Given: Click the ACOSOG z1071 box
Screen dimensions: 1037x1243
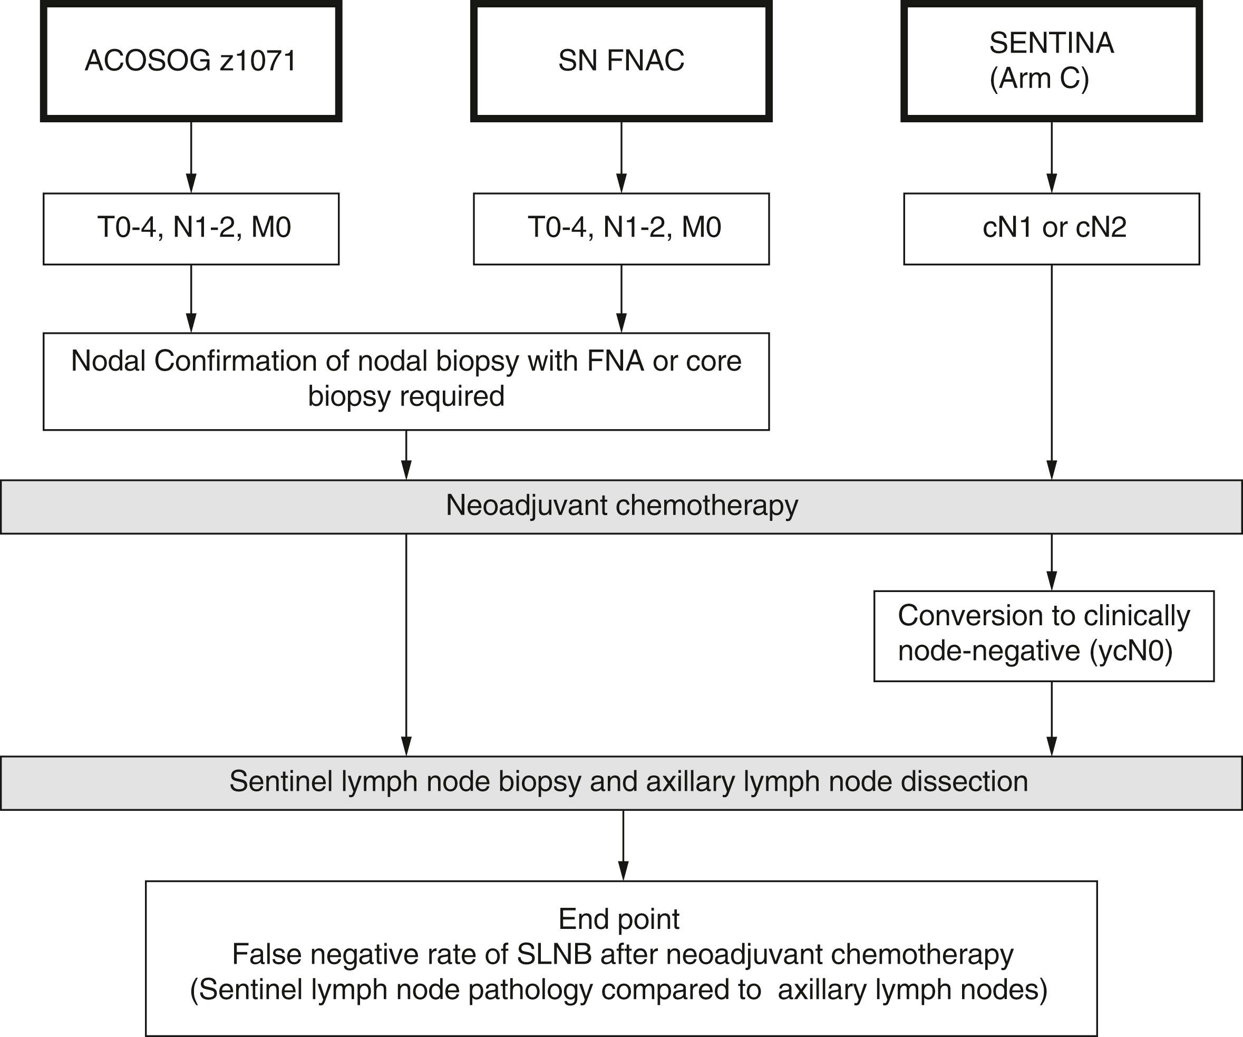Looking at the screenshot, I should (191, 61).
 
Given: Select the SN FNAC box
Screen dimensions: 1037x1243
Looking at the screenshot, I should (621, 61).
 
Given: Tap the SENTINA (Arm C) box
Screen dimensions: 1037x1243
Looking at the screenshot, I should (1051, 61).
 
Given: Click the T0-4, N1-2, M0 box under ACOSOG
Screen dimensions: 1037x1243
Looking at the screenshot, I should (191, 228).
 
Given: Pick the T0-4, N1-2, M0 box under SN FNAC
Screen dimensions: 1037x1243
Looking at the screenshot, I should (621, 228).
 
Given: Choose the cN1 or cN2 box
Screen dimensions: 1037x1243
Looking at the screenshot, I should (1051, 228).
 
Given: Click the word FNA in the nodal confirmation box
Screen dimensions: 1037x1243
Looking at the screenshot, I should (615, 361).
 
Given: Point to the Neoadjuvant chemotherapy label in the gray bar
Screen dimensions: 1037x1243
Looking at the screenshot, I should (621, 506).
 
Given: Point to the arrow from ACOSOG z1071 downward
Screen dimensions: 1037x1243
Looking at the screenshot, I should (191, 157).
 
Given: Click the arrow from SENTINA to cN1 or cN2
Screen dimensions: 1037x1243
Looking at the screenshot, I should (1051, 157).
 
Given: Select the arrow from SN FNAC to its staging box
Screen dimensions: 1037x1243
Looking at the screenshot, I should (621, 157).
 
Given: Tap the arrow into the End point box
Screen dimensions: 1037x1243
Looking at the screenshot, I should (623, 845).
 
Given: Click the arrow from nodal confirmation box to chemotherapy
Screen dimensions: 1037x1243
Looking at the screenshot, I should (406, 454).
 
